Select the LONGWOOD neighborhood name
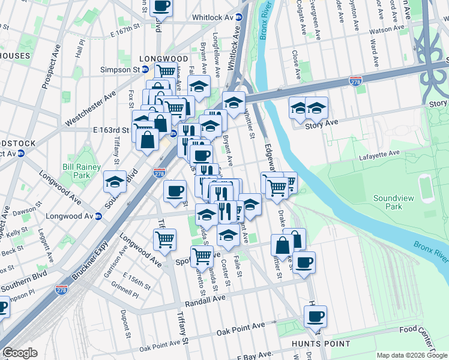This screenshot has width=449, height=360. click(158, 59)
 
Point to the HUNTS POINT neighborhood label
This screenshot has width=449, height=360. click(321, 344)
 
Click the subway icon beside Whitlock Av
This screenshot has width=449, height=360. click(238, 17)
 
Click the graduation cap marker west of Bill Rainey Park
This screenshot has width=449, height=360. click(115, 181)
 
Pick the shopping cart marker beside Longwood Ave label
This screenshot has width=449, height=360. click(164, 239)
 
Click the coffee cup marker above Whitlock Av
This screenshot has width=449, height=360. click(160, 6)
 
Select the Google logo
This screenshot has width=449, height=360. click(20, 353)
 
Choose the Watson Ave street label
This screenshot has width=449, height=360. click(388, 29)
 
